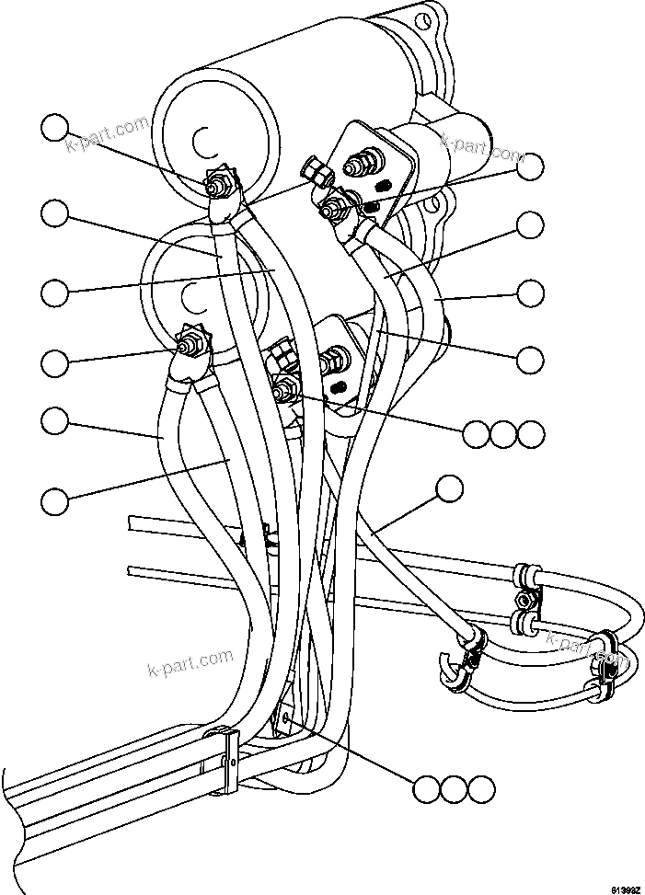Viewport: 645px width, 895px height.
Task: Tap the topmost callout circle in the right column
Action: (x=530, y=166)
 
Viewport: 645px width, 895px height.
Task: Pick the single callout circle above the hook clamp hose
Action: (x=449, y=489)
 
